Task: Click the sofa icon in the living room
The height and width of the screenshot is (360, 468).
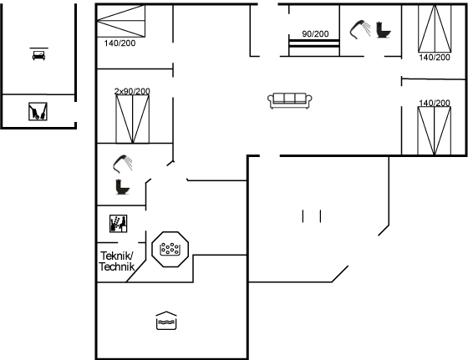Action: tap(290, 100)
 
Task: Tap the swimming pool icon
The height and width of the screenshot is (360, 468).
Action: tap(166, 321)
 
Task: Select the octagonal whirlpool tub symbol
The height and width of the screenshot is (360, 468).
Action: tap(170, 249)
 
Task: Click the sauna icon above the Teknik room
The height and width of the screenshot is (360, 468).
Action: tap(118, 223)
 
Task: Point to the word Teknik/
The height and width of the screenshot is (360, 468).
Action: tap(117, 256)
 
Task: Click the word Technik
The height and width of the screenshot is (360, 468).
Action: tap(117, 266)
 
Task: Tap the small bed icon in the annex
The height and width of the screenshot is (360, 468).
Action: tap(38, 55)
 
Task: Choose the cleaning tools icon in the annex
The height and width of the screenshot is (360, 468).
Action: tap(38, 112)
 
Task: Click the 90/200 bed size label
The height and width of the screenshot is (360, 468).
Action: tap(315, 34)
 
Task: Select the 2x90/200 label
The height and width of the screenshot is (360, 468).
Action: tap(132, 91)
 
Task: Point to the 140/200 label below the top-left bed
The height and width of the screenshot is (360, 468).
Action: tap(120, 43)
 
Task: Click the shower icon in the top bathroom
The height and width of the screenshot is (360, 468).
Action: tap(360, 29)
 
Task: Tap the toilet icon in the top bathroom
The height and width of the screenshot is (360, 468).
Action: tap(384, 30)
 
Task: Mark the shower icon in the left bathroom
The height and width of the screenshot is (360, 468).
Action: tap(123, 164)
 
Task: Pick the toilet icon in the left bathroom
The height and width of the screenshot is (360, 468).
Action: tap(123, 187)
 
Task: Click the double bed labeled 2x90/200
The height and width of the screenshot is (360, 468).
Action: tap(133, 119)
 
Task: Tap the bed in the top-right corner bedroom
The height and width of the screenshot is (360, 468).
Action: tap(435, 29)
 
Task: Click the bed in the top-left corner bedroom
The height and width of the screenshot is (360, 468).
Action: tap(121, 21)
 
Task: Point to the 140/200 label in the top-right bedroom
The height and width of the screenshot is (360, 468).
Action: tap(435, 58)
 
